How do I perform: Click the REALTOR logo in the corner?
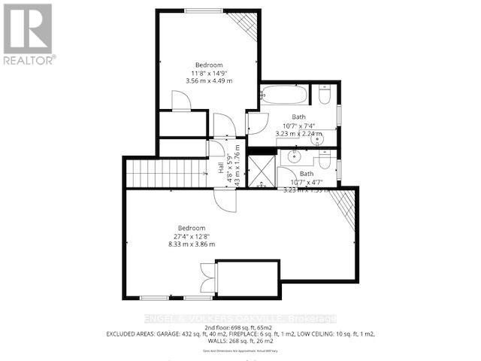tap(28, 33)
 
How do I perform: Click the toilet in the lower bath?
tap(325, 159)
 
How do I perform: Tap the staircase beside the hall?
tap(166, 173)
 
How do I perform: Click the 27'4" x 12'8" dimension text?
tap(192, 235)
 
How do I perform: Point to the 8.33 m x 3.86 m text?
tap(192, 244)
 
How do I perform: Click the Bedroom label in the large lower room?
tap(192, 227)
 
